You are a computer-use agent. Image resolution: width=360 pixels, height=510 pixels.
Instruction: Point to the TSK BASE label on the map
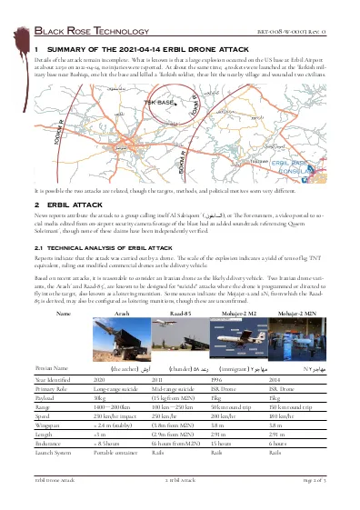pyautogui.click(x=160, y=103)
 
